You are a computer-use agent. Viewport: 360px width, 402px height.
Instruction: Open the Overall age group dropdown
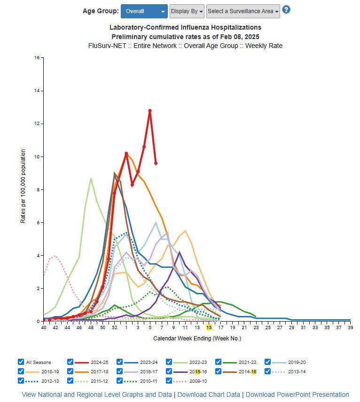(x=144, y=11)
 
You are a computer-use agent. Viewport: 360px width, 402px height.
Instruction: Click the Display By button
(x=187, y=11)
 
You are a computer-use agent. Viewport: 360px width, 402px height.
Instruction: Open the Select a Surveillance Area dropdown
(x=243, y=11)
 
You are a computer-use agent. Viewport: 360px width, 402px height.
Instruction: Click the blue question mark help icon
(x=286, y=9)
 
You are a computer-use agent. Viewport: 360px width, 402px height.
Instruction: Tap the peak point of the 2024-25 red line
(x=150, y=110)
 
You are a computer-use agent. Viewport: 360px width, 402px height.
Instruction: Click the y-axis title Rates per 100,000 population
(x=23, y=186)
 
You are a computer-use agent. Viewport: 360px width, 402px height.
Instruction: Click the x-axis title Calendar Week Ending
(x=197, y=338)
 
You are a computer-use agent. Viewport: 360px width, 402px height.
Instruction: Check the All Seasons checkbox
(x=21, y=362)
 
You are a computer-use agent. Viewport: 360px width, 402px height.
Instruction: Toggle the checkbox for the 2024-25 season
(x=70, y=362)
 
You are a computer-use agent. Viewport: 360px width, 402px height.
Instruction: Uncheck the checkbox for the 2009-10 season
(x=169, y=381)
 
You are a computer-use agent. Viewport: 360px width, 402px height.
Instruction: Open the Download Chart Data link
(x=209, y=394)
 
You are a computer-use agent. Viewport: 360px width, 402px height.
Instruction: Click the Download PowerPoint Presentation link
(x=297, y=394)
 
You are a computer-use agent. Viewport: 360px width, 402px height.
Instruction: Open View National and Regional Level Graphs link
(x=97, y=394)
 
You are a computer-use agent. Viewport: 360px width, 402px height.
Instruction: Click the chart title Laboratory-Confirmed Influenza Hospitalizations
(x=185, y=28)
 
